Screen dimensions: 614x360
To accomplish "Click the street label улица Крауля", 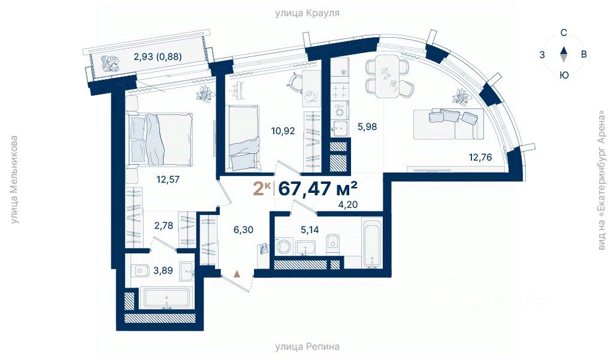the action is pos(307,13).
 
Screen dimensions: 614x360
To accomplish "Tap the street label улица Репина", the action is pos(307,346).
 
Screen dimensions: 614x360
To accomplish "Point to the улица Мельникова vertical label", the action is pos(14,180).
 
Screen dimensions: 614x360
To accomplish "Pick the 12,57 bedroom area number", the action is pos(168,180).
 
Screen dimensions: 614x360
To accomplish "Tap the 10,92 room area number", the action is pos(283,131).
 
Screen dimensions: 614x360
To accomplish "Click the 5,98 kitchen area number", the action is pos(367,126).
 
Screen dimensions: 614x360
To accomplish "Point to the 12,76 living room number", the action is pos(480,158).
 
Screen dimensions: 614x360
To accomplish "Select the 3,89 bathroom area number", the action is pos(164,270).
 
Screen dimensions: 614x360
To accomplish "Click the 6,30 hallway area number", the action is pos(243,229).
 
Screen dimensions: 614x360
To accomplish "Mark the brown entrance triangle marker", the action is pos(237,273).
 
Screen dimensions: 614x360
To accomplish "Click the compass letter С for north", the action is pos(564,33).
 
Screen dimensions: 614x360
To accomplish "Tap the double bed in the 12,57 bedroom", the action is pos(160,140).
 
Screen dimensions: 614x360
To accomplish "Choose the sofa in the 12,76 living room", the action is pos(449,124).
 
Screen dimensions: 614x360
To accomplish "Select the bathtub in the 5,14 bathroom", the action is pos(371,242).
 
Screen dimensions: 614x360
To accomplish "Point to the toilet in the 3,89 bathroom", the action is pos(141,270).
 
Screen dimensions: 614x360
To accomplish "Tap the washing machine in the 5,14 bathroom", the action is pos(283,247).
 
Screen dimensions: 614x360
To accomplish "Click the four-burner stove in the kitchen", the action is pos(339,92).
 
